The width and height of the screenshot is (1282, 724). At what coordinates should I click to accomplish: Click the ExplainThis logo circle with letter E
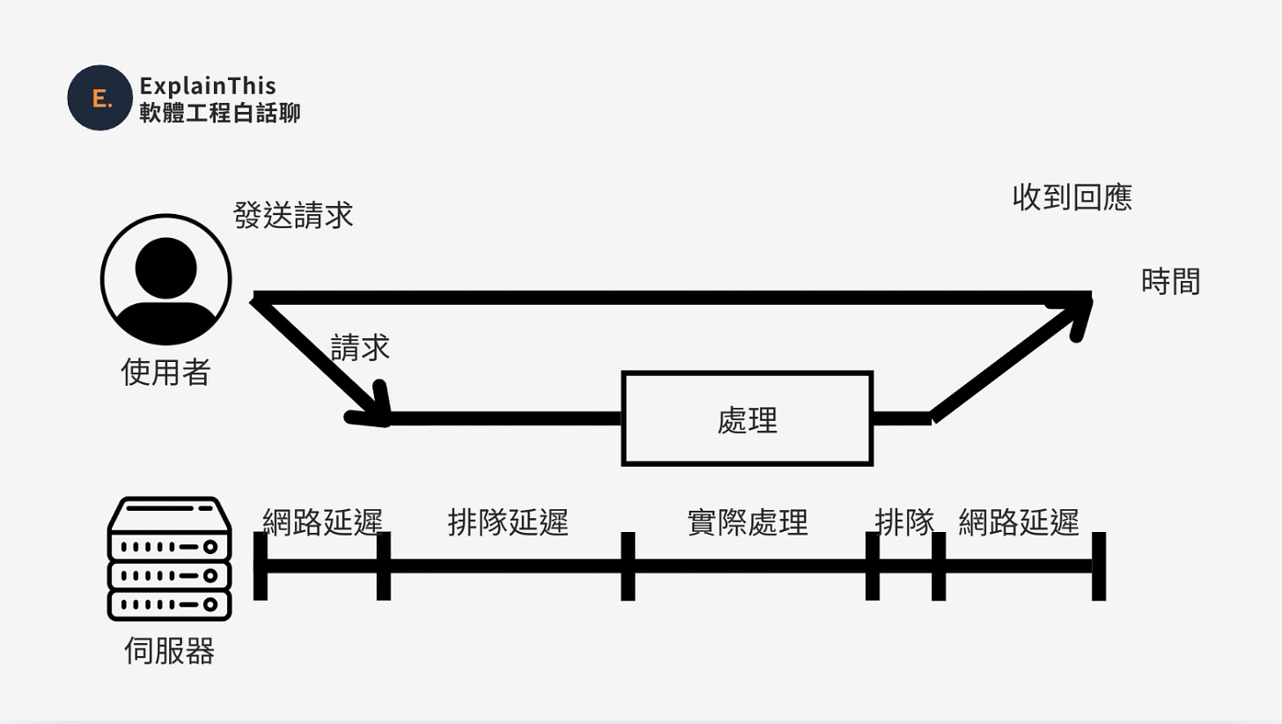click(x=99, y=98)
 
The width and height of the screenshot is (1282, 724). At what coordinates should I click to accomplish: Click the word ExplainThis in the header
click(x=208, y=85)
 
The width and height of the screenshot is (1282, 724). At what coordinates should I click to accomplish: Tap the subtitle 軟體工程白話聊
click(x=219, y=113)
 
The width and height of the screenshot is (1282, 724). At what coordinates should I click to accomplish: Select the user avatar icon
click(x=166, y=279)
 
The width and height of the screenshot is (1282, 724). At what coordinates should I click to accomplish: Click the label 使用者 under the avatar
click(x=166, y=373)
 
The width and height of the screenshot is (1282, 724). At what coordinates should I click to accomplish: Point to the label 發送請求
click(x=293, y=216)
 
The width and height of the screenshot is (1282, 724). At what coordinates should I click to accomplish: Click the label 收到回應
click(x=1072, y=198)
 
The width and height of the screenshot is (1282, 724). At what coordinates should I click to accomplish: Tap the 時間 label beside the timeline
click(x=1170, y=282)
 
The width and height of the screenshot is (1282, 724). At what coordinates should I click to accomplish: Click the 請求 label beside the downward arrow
click(x=360, y=347)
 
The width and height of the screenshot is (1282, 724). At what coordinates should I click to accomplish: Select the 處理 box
click(x=748, y=419)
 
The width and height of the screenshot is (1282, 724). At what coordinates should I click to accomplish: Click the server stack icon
click(x=169, y=558)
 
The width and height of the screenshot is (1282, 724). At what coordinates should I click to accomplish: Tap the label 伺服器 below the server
click(x=170, y=652)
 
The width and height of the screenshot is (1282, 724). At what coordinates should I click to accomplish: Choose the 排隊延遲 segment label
click(x=508, y=522)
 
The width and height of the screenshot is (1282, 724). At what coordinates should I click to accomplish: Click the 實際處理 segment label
click(x=747, y=522)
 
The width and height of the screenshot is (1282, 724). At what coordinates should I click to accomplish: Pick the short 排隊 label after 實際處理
click(x=903, y=522)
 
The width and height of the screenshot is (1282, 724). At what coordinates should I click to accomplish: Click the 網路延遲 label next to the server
click(x=323, y=522)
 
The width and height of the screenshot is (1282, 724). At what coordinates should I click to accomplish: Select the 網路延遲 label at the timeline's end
click(x=1019, y=522)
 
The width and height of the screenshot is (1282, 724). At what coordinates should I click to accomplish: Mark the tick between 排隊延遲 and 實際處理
click(x=628, y=565)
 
